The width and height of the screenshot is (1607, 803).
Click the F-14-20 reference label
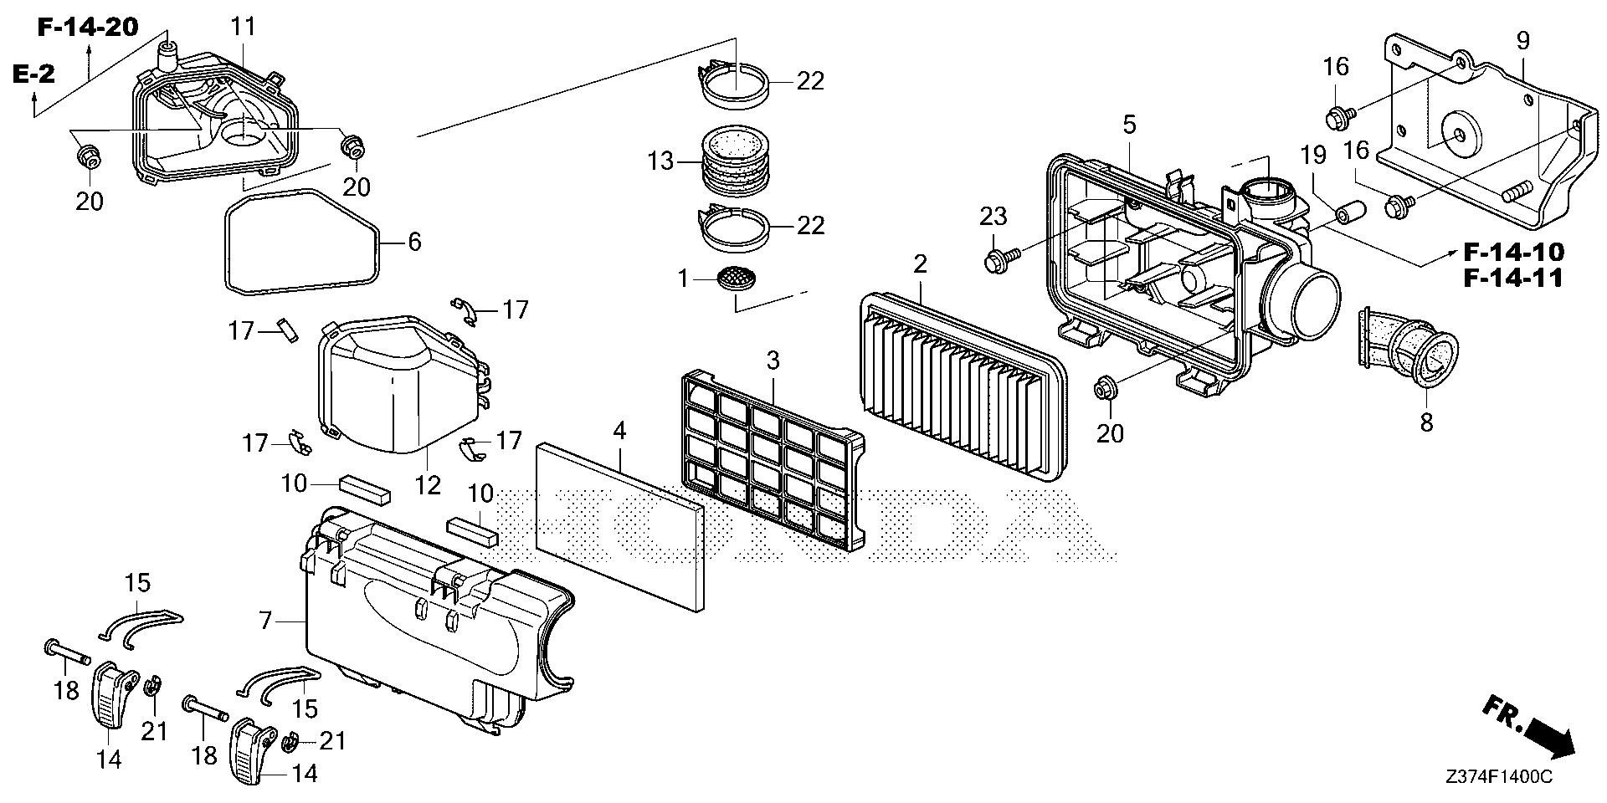pos(87,28)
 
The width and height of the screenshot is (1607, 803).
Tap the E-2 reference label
pos(33,74)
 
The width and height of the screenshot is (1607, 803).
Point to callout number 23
pos(993,217)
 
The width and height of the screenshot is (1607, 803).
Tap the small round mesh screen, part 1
pos(736,278)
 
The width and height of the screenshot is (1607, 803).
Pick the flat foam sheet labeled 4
pos(619,527)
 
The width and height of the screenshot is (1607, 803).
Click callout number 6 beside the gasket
pos(413,242)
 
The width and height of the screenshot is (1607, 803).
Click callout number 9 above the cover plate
pos(1522,40)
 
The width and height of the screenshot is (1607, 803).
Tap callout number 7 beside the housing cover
pos(265,621)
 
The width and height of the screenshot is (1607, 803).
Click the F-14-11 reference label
pos(1512,278)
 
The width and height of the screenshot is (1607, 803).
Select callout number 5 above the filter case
pos(1129,125)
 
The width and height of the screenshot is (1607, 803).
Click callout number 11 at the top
pos(243,26)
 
